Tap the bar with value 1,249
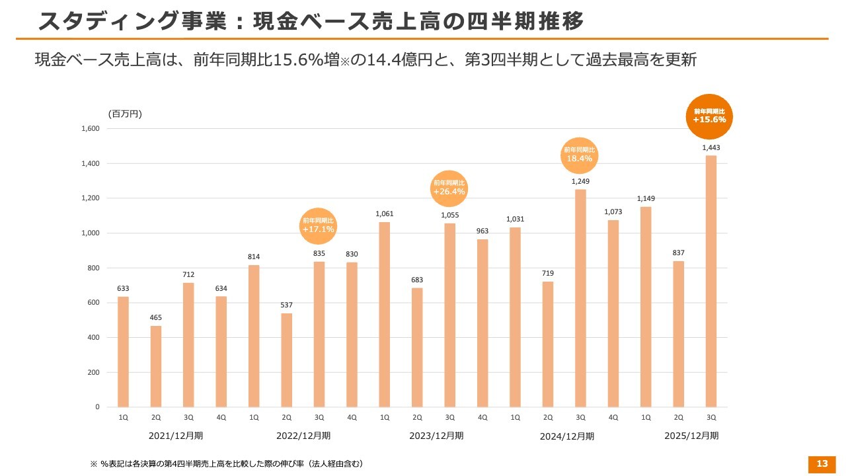[580, 297]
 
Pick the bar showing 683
[417, 347]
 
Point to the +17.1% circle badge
[319, 225]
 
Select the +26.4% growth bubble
[449, 188]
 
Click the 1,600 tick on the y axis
[91, 128]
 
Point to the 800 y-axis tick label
[93, 268]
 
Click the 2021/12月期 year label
[176, 436]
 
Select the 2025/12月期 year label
[691, 436]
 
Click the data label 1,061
[384, 214]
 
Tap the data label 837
[678, 253]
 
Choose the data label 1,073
[613, 212]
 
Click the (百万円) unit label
[125, 114]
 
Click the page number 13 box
[822, 464]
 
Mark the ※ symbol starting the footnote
[93, 464]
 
